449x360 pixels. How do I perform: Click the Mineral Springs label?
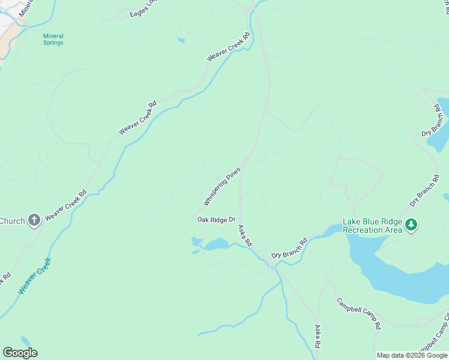[53, 39]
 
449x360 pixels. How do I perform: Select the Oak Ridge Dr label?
[216, 220]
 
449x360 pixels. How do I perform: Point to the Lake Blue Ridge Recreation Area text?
[372, 226]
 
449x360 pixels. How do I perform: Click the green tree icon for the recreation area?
[411, 225]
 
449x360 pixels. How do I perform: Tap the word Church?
[12, 221]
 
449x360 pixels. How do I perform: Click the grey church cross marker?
[34, 220]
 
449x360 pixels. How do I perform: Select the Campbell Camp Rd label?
[358, 313]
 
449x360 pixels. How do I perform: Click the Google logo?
[20, 353]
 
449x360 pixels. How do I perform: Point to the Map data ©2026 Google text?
[411, 355]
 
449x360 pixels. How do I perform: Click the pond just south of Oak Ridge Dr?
[216, 244]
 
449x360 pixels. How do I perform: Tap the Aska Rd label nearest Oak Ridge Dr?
[245, 236]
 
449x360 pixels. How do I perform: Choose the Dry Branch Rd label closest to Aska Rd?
[289, 248]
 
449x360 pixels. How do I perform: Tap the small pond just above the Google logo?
[25, 341]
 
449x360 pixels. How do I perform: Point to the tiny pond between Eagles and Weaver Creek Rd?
[181, 41]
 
